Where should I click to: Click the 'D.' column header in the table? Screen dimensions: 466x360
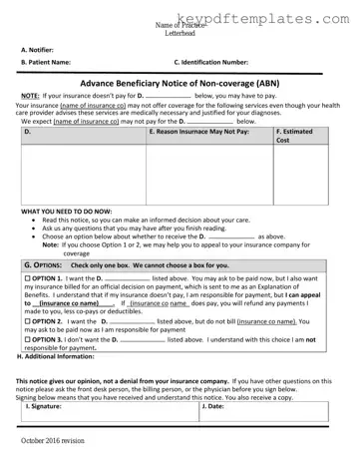(x=28, y=132)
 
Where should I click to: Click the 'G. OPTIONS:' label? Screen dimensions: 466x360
(x=44, y=266)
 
